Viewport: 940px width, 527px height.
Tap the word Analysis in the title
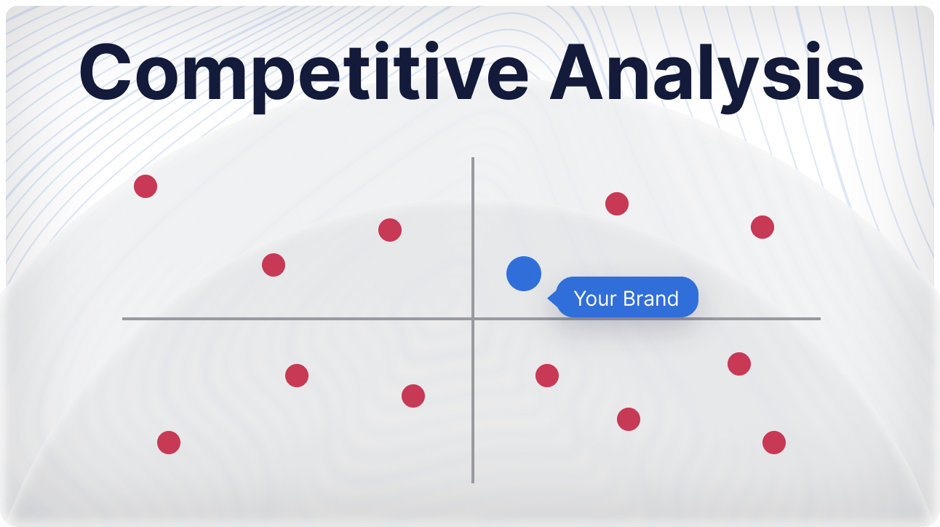707,73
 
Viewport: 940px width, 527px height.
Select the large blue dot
524,274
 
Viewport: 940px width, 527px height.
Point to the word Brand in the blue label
651,298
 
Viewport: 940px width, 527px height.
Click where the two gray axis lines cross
473,319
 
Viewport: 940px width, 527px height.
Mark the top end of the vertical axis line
473,158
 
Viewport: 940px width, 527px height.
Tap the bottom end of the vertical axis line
473,483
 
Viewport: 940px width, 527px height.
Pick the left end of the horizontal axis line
123,319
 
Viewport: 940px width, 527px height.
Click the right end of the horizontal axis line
820,319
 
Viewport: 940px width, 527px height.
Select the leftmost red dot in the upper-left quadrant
146,186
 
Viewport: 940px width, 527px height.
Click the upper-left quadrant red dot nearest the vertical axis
390,230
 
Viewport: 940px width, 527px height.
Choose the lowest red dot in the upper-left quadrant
274,265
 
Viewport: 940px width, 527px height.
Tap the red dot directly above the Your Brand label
617,204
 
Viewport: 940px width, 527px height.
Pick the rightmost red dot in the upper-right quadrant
762,227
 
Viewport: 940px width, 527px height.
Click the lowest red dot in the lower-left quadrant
169,443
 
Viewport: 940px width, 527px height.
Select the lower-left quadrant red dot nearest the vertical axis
413,396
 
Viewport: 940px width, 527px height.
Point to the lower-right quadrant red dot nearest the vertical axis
547,376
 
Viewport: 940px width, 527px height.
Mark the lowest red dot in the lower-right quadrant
774,443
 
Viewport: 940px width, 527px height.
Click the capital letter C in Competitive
105,72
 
